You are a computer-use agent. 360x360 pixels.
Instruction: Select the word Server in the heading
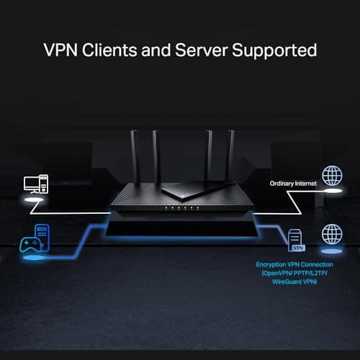click(204, 51)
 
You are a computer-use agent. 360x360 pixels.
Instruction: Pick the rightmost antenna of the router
click(231, 155)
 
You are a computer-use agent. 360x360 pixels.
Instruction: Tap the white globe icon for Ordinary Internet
click(332, 176)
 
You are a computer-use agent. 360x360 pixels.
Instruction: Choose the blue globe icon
click(332, 233)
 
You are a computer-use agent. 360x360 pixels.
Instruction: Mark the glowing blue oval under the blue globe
click(332, 252)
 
